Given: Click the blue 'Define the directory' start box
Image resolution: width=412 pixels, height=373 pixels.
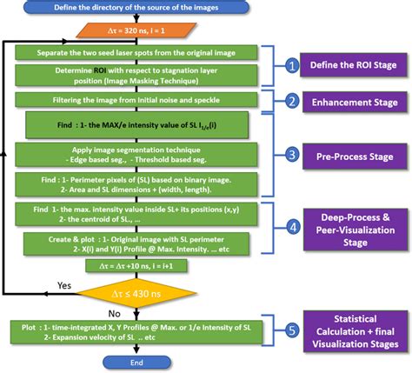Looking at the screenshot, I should (x=136, y=9).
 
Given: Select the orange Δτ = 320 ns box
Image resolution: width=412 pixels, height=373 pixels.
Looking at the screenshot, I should (x=136, y=30).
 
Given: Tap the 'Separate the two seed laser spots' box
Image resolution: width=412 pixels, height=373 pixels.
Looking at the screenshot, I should (x=136, y=52).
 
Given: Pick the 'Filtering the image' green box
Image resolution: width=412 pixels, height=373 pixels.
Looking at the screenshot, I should (x=136, y=100).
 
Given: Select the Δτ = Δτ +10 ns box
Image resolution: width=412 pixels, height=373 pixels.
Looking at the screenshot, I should (x=136, y=268).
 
